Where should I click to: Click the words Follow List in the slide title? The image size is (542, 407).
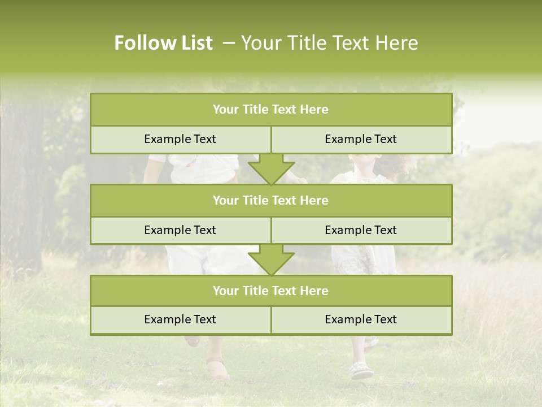(x=163, y=43)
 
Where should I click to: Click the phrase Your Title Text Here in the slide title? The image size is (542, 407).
(x=330, y=43)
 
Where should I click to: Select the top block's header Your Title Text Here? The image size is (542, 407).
(x=270, y=110)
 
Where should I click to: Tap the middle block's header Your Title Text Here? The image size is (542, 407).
(x=270, y=201)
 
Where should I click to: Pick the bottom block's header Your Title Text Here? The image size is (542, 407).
(x=270, y=291)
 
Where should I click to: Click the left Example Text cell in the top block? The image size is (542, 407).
(x=180, y=140)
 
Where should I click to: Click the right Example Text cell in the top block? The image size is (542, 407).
(x=361, y=140)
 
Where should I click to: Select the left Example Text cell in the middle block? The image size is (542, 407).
(x=180, y=231)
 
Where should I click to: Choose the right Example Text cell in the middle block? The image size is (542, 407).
(x=361, y=231)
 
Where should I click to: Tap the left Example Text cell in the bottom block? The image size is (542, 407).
(x=180, y=320)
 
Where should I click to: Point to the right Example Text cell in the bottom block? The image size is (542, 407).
(x=361, y=320)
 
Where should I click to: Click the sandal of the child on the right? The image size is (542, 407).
(x=361, y=371)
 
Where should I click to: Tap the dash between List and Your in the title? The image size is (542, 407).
(x=229, y=43)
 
